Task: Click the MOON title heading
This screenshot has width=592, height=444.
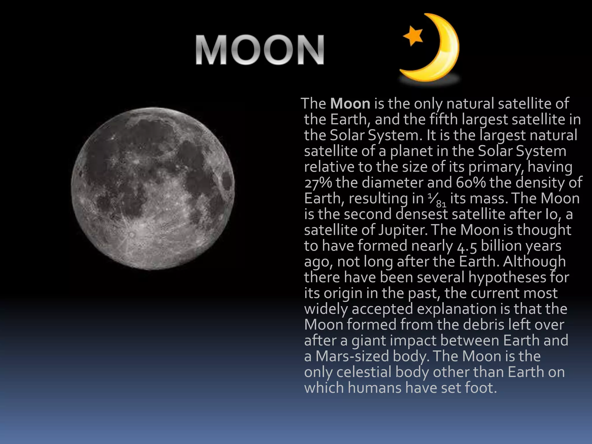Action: [x=260, y=50]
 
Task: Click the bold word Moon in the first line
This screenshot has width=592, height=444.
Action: [x=350, y=103]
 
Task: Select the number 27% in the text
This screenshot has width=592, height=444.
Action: [x=318, y=183]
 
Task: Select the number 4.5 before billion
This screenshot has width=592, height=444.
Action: [x=467, y=246]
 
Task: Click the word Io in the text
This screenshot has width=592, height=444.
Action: [x=551, y=214]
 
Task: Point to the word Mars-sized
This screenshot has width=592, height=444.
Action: [x=352, y=356]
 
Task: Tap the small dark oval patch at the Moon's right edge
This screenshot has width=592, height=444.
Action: [x=227, y=182]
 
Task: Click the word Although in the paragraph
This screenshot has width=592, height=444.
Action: [x=534, y=262]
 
